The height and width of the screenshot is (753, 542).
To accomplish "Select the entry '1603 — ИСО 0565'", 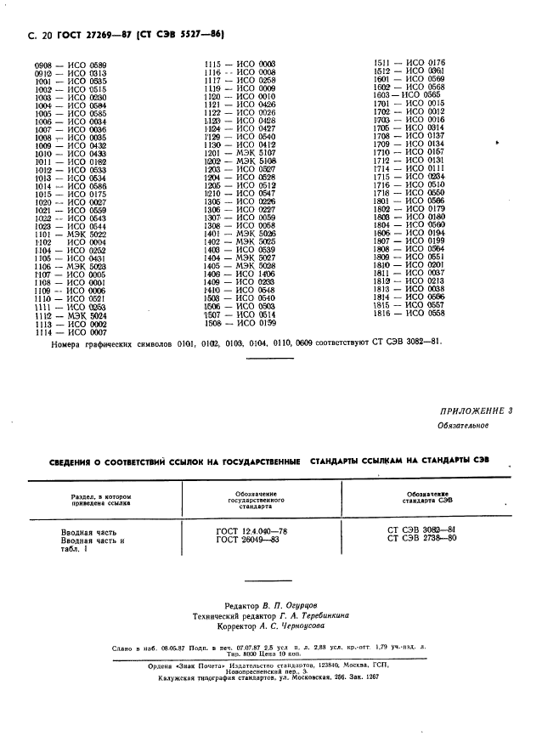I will click(x=407, y=95).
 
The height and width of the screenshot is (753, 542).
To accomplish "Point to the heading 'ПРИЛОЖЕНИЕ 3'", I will click(x=477, y=411).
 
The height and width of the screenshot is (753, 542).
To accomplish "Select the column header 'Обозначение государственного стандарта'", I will click(x=261, y=498).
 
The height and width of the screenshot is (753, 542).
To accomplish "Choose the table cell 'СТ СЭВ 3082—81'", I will click(x=421, y=530).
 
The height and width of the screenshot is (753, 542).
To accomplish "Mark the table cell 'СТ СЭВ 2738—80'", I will click(x=421, y=539).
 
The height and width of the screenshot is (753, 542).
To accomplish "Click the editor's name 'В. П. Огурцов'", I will click(x=288, y=605).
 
